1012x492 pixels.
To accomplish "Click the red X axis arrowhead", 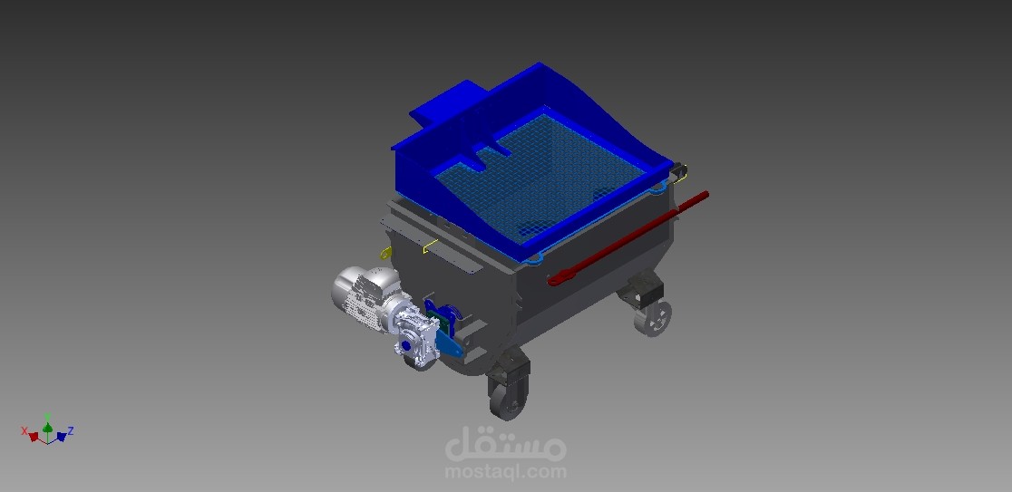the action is tap(34, 437).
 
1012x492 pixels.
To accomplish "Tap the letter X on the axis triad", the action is tap(24, 430).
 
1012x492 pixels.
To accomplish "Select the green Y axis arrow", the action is tap(47, 427).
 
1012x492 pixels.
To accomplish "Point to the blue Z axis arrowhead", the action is tap(62, 437).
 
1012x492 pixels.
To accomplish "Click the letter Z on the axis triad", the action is tap(71, 430).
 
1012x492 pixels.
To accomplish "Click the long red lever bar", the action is tap(628, 238).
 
